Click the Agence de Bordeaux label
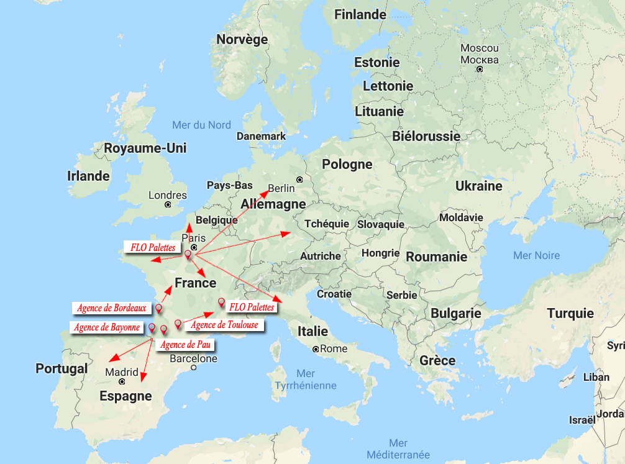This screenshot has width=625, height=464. (x=112, y=308)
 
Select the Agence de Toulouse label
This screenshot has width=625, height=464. (x=224, y=325)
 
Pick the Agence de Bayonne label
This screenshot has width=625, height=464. (x=107, y=327)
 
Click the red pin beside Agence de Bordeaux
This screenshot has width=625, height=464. (x=158, y=308)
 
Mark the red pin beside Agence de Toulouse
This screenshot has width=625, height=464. (x=178, y=324)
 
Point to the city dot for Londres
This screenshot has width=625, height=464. (x=168, y=204)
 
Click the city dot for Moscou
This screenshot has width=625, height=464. (x=480, y=70)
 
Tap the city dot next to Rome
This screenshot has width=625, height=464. (x=316, y=349)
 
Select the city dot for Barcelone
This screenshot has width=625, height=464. (x=194, y=368)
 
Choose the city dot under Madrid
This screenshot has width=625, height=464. (x=122, y=382)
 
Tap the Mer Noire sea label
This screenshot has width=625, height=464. (x=536, y=255)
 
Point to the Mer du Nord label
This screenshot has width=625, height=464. (x=201, y=125)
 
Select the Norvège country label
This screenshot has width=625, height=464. (x=242, y=40)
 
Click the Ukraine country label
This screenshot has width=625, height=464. (x=478, y=186)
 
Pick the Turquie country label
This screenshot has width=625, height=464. (x=570, y=314)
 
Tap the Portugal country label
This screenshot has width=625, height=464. (x=62, y=368)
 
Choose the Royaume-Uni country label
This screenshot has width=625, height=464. (x=145, y=148)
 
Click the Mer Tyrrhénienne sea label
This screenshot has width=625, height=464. (x=306, y=380)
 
